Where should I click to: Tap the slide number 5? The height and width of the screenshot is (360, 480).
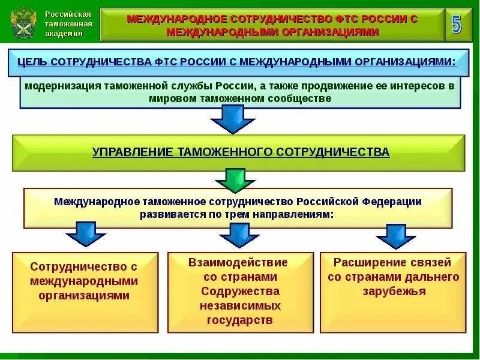[457, 25]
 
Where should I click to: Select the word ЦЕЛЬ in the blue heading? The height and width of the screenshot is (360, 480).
[33, 62]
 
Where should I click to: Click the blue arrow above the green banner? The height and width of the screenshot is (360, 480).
[232, 119]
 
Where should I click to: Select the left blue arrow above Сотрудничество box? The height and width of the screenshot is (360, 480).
[86, 234]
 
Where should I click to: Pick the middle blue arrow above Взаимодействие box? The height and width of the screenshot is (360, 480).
[239, 235]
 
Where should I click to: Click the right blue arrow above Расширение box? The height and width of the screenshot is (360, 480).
[396, 236]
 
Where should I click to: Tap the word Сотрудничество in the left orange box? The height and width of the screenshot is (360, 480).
[84, 266]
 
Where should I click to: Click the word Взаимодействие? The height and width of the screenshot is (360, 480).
[238, 263]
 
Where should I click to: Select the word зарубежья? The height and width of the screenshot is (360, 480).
[394, 292]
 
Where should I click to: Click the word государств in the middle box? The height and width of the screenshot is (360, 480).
[240, 320]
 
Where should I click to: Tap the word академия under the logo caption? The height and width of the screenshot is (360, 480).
[64, 34]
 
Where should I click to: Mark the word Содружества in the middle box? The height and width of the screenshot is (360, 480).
[240, 292]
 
